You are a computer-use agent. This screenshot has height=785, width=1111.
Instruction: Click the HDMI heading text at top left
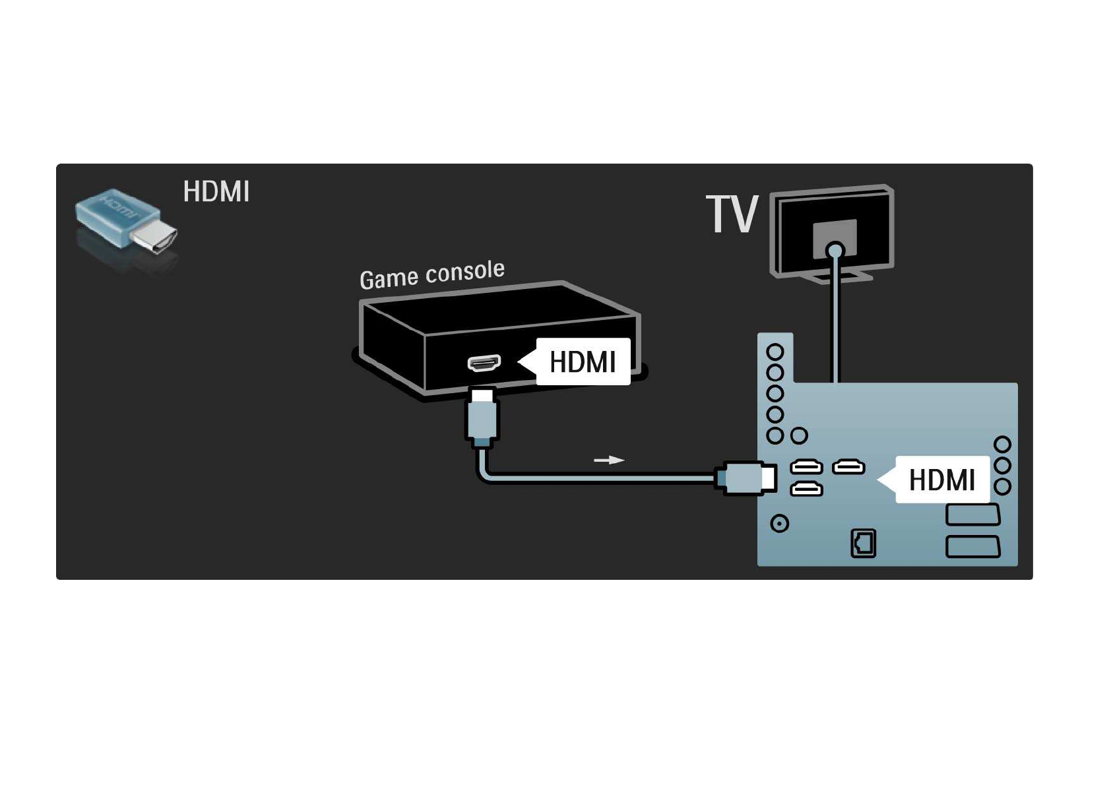coord(216,192)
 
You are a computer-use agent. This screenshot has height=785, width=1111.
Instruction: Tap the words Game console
coord(431,274)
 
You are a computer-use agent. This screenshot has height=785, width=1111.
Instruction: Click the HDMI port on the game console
coord(484,363)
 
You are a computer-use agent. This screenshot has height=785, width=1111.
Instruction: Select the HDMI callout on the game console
coord(575,361)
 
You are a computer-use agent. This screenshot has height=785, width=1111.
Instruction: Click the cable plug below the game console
coord(482,416)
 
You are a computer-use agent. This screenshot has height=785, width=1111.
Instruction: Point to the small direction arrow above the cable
coord(609,460)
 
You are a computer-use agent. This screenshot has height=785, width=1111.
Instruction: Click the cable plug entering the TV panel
coord(746,478)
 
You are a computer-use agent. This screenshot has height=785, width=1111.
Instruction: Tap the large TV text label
coord(732,214)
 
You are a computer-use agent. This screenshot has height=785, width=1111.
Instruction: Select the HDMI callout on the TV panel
coord(933,480)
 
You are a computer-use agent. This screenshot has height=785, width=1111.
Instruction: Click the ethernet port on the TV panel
coord(864,544)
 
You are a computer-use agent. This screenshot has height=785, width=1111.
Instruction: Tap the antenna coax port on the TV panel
coord(780,524)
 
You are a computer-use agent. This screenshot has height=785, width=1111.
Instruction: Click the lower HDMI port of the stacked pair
coord(806,489)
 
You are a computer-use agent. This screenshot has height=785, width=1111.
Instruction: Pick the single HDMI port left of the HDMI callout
coord(848,467)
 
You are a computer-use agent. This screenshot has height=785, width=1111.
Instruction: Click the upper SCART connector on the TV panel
coord(972,515)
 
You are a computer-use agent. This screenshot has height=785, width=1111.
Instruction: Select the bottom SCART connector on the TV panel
coord(972,547)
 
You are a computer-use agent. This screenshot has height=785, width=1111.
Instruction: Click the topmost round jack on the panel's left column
coord(775,352)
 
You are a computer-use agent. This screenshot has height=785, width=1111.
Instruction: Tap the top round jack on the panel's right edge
coord(1002,445)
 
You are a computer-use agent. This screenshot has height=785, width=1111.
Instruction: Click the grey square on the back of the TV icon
coord(835,239)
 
